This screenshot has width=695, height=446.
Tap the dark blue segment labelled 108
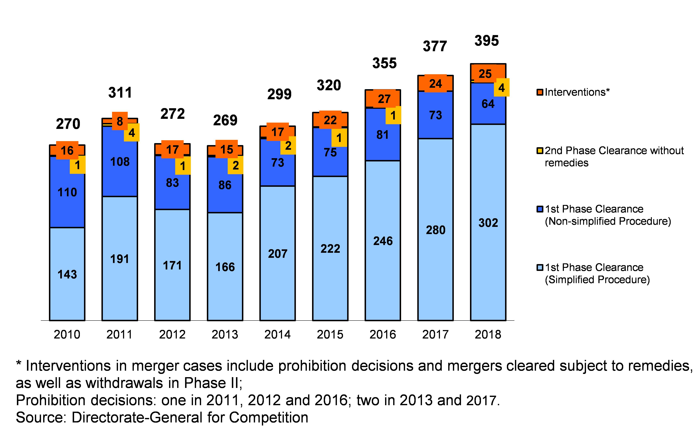pos(120,162)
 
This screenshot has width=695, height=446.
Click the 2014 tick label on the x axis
pos(277,335)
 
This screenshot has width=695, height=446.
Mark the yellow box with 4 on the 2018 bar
pos(501,88)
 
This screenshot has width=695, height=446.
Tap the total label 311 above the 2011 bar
pos(120,93)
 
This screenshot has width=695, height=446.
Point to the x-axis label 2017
pos(435,335)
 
